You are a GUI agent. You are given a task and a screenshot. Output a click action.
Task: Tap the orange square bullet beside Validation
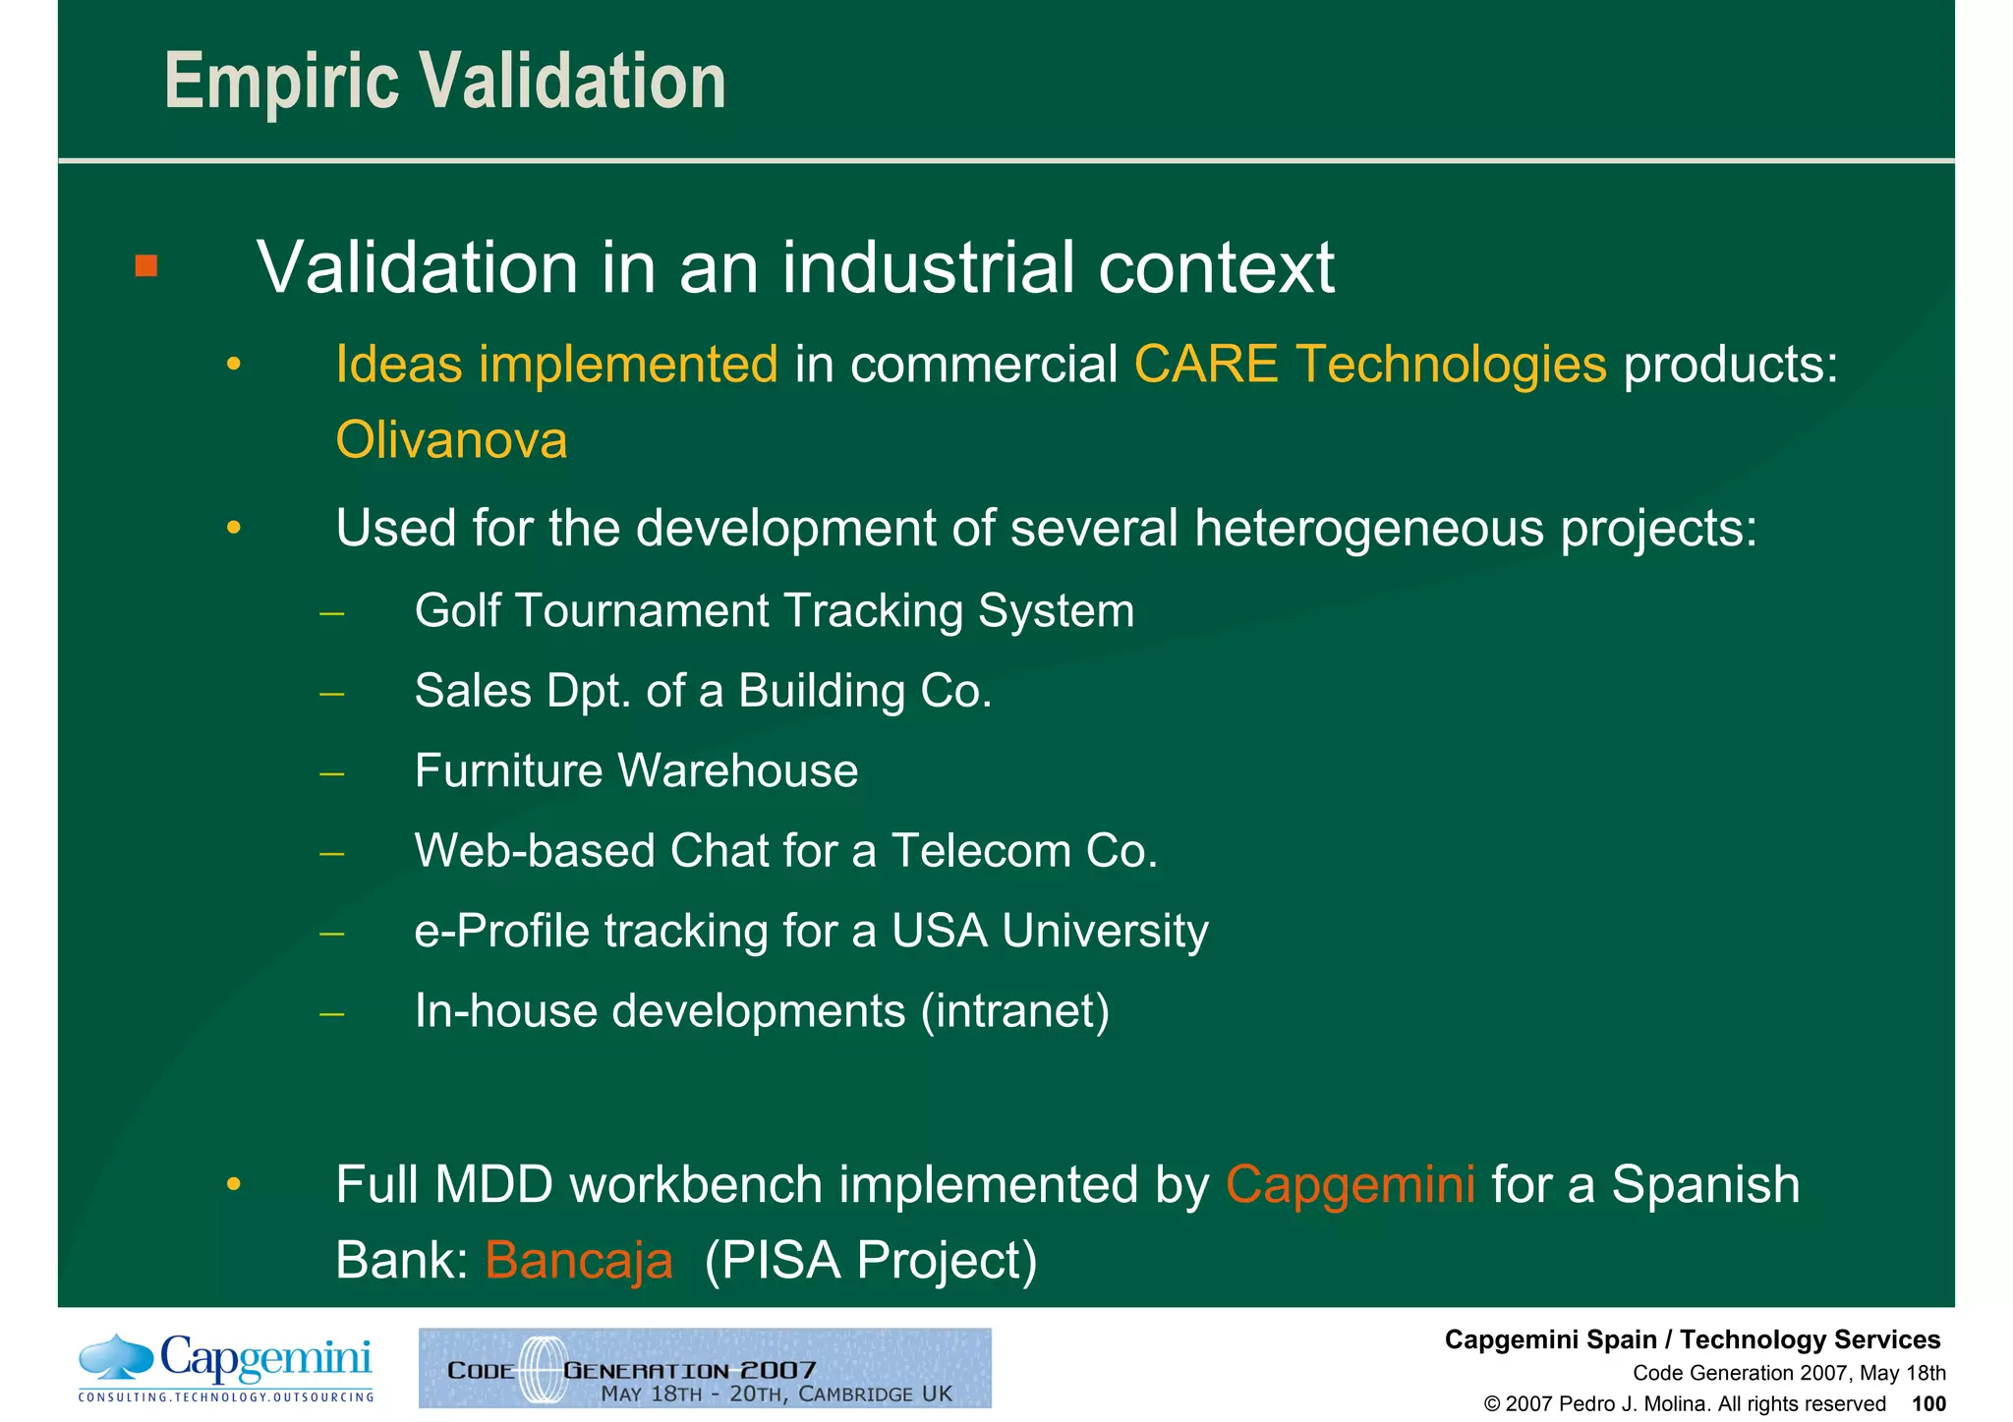coord(146,266)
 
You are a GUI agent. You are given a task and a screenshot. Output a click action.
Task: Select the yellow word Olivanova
coord(451,440)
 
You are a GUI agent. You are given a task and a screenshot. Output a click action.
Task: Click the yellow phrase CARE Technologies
coord(1370,365)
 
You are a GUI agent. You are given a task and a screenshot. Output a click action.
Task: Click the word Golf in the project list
coord(456,611)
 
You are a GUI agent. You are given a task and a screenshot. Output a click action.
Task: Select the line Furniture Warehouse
coord(636,770)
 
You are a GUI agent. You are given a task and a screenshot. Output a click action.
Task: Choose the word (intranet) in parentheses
coord(1015,1011)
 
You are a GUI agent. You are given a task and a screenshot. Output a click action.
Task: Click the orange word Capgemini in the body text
coord(1350,1184)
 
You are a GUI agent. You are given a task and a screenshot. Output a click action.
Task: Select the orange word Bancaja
coord(579,1261)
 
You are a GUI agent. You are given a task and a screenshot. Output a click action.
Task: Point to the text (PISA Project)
coord(871,1261)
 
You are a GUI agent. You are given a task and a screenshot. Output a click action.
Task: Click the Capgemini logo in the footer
coord(226,1366)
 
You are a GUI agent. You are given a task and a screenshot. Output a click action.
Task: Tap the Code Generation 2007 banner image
coord(705,1368)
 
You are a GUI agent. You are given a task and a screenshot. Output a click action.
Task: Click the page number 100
coord(1927,1404)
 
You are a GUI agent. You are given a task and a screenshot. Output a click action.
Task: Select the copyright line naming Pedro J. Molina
coord(1684,1404)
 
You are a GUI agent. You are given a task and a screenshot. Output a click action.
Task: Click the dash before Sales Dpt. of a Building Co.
coord(332,694)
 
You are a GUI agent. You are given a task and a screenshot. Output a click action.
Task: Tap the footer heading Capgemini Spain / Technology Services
coord(1692,1339)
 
